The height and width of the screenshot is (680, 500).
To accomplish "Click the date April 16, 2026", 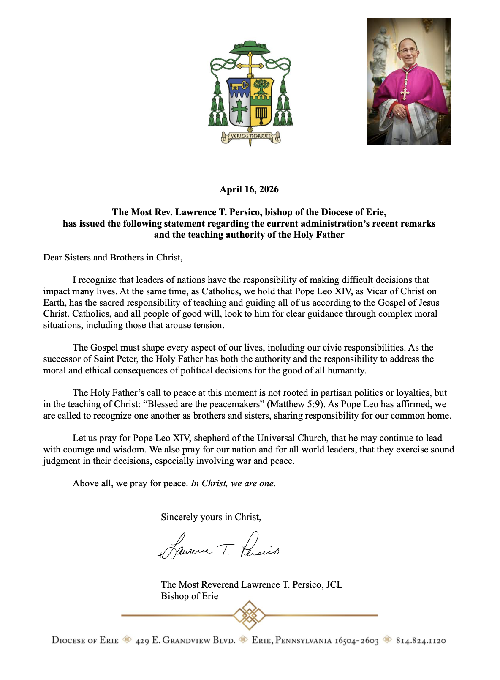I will (249, 189).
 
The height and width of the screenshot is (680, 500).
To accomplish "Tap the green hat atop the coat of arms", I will (250, 48).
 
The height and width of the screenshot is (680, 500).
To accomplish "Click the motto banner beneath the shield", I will (250, 137).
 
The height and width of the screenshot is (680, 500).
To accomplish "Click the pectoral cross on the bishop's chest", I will (405, 93).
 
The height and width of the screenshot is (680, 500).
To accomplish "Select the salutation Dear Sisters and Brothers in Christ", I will (113, 258).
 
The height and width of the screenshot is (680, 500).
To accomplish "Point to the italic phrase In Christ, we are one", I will (233, 483).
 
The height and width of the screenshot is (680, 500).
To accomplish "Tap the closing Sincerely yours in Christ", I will (211, 517).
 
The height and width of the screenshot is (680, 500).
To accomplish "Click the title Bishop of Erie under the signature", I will (189, 596).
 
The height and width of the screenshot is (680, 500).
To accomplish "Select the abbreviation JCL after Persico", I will (334, 585).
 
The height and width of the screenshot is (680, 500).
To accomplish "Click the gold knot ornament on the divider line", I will (250, 615).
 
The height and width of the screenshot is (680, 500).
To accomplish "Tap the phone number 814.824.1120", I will (421, 641).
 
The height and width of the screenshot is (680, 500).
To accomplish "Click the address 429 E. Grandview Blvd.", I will (185, 641).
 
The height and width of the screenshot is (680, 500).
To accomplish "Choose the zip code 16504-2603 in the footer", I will (357, 641).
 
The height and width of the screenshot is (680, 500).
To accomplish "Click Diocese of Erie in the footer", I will (85, 641).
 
